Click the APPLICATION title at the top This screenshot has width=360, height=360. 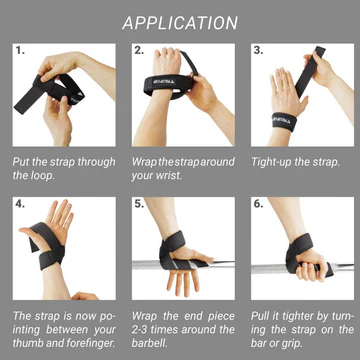click(x=180, y=23)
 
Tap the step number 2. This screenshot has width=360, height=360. click(x=139, y=49)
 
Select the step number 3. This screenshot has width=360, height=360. click(x=258, y=49)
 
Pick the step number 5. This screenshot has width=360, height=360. click(x=139, y=203)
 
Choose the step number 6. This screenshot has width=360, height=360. click(x=258, y=203)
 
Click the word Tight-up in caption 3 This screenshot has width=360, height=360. click(x=274, y=160)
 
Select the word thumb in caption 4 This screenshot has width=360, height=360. click(x=32, y=344)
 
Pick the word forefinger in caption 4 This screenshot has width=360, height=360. click(x=87, y=344)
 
